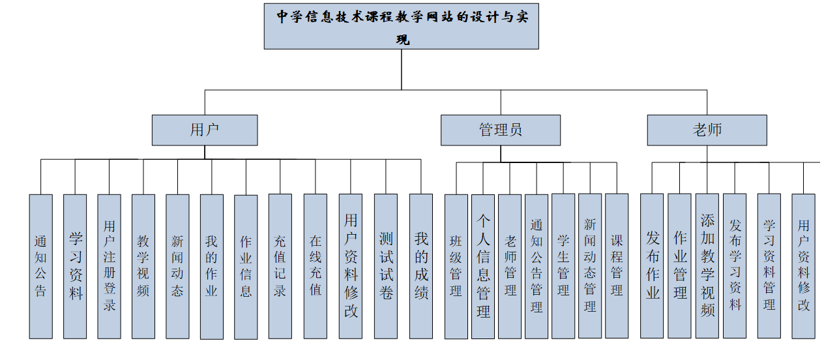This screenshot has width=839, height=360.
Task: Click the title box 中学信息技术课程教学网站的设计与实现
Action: pyautogui.click(x=401, y=26)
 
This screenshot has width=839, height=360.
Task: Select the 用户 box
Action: pyautogui.click(x=205, y=130)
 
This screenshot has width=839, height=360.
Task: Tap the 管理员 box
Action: pyautogui.click(x=500, y=130)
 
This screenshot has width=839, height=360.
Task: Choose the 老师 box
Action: pyautogui.click(x=707, y=130)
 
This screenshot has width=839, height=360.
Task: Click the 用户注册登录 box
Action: pyautogui.click(x=109, y=266)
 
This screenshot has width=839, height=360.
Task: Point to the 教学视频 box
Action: pyautogui.click(x=143, y=266)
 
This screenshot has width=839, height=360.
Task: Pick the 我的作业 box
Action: pyautogui.click(x=211, y=266)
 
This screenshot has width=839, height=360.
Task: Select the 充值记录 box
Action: pyautogui.click(x=280, y=266)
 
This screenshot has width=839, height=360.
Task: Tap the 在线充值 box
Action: pyautogui.click(x=315, y=266)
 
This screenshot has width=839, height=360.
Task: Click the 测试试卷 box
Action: pyautogui.click(x=386, y=266)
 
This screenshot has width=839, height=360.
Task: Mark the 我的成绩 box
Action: pyautogui.click(x=421, y=266)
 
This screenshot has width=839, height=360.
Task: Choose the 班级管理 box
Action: pyautogui.click(x=456, y=266)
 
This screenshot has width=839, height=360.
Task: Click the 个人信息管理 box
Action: pyautogui.click(x=483, y=266)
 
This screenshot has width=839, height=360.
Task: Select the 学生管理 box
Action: pyautogui.click(x=563, y=266)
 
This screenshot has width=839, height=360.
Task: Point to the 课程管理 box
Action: pyautogui.click(x=617, y=266)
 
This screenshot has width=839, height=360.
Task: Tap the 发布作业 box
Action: pyautogui.click(x=652, y=266)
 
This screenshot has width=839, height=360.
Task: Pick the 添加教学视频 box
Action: pyautogui.click(x=707, y=266)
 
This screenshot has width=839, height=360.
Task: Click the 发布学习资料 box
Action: pyautogui.click(x=735, y=266)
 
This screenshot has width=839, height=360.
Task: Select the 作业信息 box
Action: pyautogui.click(x=246, y=266)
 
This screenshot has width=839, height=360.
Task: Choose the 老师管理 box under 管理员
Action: pyautogui.click(x=510, y=266)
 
